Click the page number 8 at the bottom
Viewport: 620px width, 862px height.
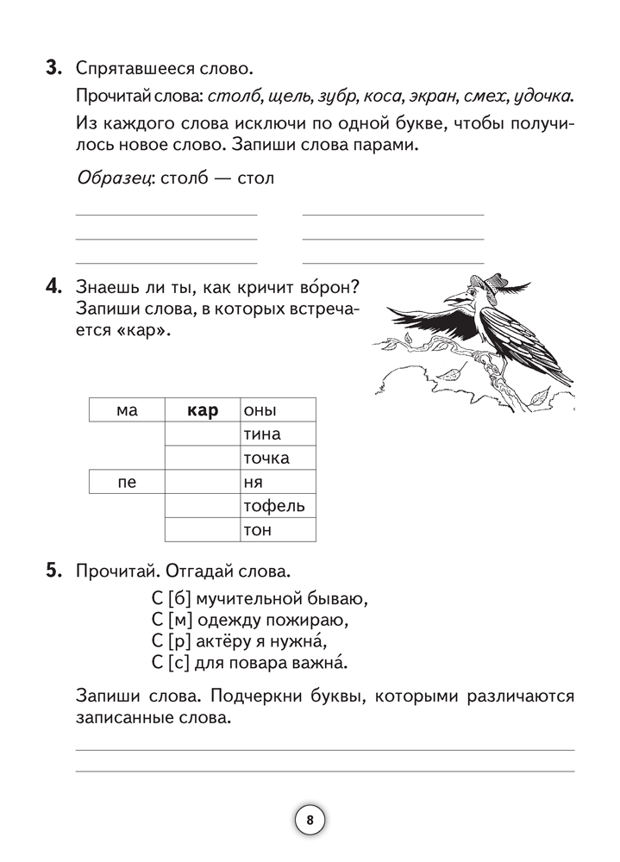tap(310, 820)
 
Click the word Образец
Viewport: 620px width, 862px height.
tap(110, 179)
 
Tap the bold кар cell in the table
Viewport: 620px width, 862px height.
tap(202, 410)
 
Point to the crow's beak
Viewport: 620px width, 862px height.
tap(452, 300)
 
